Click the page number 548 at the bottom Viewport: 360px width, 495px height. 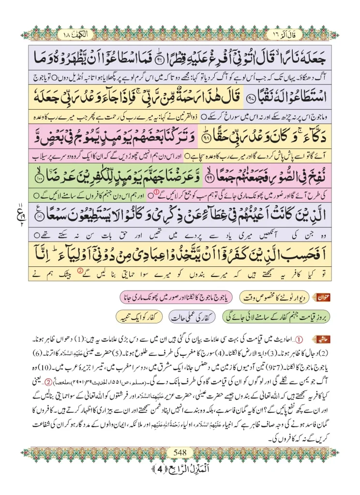[180, 452]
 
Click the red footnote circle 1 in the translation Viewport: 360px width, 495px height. [156, 195]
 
